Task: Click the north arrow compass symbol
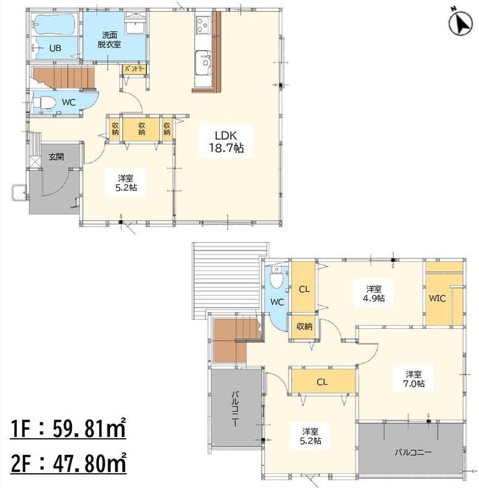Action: click(x=460, y=23)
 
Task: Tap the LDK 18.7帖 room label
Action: click(x=226, y=142)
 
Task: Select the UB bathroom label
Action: click(x=55, y=49)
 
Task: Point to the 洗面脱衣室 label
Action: click(x=109, y=40)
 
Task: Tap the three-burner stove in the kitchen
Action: click(x=203, y=25)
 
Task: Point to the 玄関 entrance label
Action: click(x=56, y=157)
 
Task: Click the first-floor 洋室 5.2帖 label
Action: click(x=126, y=183)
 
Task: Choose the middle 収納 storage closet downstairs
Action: click(x=141, y=129)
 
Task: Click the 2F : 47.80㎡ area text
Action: click(x=69, y=463)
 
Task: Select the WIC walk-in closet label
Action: click(x=438, y=298)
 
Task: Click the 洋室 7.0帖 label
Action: click(x=414, y=379)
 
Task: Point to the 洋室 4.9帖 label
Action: click(x=373, y=294)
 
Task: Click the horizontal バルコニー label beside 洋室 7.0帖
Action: click(x=414, y=452)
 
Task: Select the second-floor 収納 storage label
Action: click(x=304, y=326)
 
